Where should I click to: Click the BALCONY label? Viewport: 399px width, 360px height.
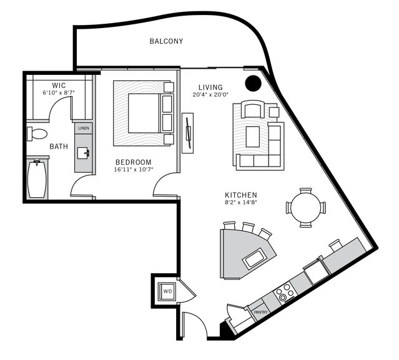(x=166, y=42)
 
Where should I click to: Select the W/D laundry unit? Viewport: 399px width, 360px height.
(x=167, y=291)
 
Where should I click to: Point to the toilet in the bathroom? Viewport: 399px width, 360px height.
(x=37, y=134)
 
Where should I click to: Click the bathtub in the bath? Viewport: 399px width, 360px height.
(x=37, y=179)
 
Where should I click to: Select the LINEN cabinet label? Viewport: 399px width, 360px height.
(x=84, y=129)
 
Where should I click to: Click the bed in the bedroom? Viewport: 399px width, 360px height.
(x=143, y=112)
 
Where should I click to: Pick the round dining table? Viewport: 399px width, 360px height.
(x=305, y=207)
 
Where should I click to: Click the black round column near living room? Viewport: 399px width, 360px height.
(x=252, y=82)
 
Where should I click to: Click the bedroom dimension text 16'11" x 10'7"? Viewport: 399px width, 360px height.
(x=133, y=169)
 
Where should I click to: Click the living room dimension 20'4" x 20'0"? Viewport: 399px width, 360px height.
(x=210, y=95)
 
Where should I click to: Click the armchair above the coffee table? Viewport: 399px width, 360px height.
(x=253, y=110)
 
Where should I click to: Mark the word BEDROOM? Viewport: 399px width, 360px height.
(x=133, y=162)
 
